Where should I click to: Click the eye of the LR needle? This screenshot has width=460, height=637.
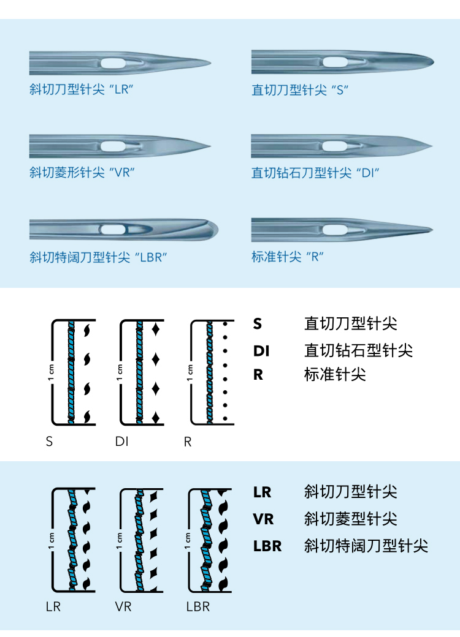pyautogui.click(x=113, y=63)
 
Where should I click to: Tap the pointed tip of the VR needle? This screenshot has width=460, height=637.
pyautogui.click(x=210, y=146)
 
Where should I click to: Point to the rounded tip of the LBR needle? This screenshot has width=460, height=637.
pyautogui.click(x=217, y=230)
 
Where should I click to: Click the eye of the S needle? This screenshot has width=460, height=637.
pyautogui.click(x=335, y=62)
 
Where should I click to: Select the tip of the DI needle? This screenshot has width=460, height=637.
pyautogui.click(x=432, y=145)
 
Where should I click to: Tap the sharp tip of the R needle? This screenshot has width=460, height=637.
pyautogui.click(x=432, y=230)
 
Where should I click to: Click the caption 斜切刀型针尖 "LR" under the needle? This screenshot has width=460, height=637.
pyautogui.click(x=82, y=89)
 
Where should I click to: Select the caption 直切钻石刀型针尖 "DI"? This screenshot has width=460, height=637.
pyautogui.click(x=315, y=173)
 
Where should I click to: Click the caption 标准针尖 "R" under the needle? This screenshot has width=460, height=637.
pyautogui.click(x=288, y=257)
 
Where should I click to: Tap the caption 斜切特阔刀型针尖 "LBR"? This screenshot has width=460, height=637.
pyautogui.click(x=98, y=257)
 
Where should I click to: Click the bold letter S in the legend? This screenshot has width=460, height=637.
pyautogui.click(x=258, y=324)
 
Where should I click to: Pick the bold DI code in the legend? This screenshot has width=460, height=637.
pyautogui.click(x=261, y=350)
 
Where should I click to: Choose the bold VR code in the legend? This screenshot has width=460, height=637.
pyautogui.click(x=263, y=519)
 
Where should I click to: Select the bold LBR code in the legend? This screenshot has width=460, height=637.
pyautogui.click(x=267, y=546)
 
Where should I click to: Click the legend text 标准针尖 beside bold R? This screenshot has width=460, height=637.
pyautogui.click(x=335, y=374)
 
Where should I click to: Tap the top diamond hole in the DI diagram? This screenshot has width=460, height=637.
pyautogui.click(x=155, y=329)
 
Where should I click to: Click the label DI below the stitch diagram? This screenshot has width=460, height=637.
pyautogui.click(x=121, y=441)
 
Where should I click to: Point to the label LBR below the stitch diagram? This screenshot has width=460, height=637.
pyautogui.click(x=198, y=606)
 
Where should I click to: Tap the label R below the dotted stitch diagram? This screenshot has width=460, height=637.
pyautogui.click(x=188, y=442)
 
